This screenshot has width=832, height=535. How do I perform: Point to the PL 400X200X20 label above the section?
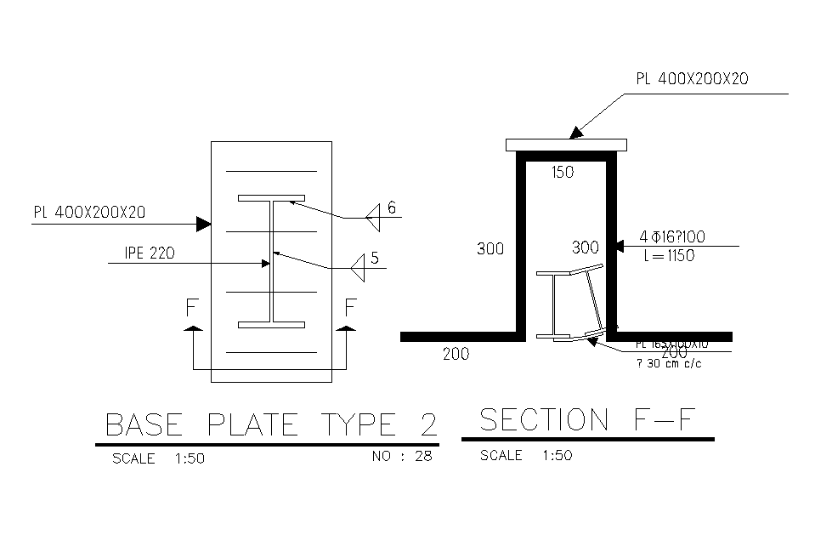tap(692, 79)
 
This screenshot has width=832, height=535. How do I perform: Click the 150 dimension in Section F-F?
tap(563, 173)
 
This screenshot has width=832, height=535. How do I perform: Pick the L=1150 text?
tap(669, 256)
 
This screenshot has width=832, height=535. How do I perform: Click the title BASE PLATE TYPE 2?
tap(270, 424)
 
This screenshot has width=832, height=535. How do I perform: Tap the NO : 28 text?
tap(402, 457)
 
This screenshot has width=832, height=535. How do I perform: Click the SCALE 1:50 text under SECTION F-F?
tap(526, 456)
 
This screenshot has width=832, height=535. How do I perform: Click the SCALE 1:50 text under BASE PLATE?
tap(158, 458)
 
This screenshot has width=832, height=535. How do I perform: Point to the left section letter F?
tap(192, 307)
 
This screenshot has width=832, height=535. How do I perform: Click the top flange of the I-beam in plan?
tap(271, 198)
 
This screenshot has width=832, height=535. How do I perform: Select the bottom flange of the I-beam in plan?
tap(271, 325)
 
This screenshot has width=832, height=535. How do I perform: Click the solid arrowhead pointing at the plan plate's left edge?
tap(203, 224)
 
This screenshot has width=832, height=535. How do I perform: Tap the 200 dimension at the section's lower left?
tap(456, 355)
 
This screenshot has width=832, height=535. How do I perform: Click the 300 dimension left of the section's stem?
tap(490, 249)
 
